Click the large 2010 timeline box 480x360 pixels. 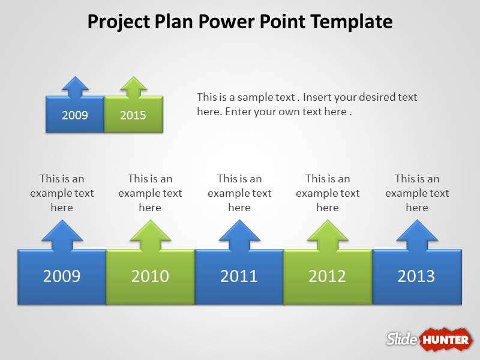pos(150,277)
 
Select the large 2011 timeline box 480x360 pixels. pos(239,277)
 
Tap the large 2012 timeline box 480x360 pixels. pos(328,277)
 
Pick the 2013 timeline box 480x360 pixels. pos(416,277)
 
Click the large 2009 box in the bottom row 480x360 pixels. pos(62,277)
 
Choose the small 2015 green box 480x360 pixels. pos(133,115)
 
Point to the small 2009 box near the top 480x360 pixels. pos(75,115)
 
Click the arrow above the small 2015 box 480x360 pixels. pos(133,86)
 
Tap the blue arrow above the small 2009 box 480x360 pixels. pos(75,86)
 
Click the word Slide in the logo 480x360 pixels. pos(401,339)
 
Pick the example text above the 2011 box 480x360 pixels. pos(239,193)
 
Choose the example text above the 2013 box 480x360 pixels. pos(417,193)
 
